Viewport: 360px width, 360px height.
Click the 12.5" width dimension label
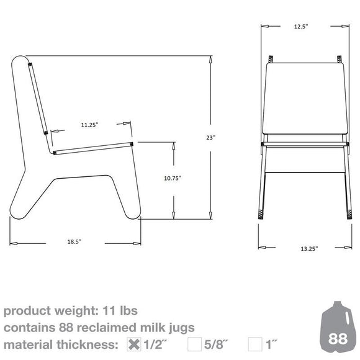pos(302,27)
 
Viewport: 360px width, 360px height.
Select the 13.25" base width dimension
pos(308,248)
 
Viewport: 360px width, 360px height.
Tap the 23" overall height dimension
pos(212,137)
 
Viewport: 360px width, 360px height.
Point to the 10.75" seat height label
pos(173,178)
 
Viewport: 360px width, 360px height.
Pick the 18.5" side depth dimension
pos(73,241)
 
